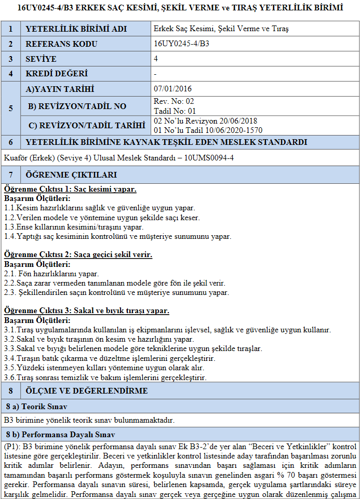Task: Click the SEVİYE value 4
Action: [x=156, y=59]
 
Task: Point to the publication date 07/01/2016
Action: [x=173, y=89]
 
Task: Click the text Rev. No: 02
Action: [x=174, y=101]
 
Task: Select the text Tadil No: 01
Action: [x=175, y=111]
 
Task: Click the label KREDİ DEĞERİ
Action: [x=57, y=74]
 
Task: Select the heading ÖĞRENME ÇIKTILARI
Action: [x=71, y=174]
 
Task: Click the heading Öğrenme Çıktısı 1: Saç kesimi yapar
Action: [x=70, y=189]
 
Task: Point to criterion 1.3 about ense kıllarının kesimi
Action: [x=73, y=227]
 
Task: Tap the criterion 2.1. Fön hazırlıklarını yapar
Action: [x=51, y=274]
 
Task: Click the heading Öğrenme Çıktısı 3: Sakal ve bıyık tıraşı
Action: [x=86, y=311]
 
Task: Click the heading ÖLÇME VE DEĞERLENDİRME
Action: [x=87, y=390]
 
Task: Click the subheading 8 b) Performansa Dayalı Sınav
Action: [x=60, y=434]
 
